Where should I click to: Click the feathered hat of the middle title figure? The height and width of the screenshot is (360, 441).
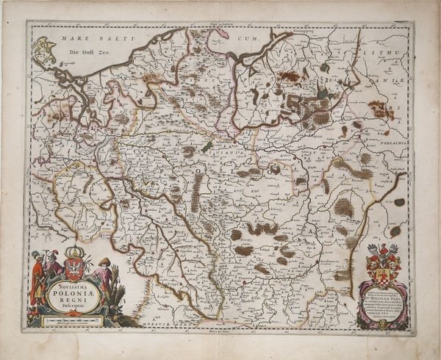pos(51,254)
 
